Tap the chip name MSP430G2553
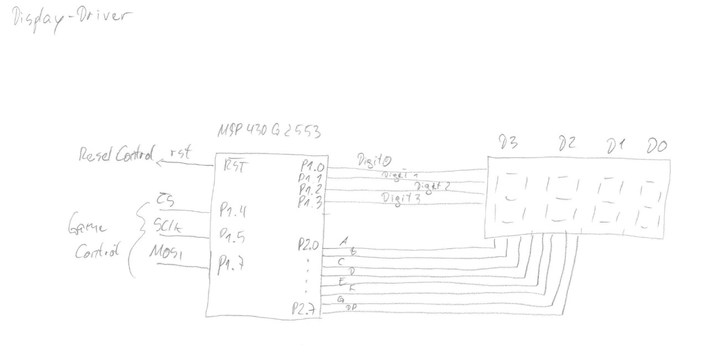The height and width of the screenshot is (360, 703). point(269,132)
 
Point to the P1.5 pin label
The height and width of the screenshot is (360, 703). point(233,237)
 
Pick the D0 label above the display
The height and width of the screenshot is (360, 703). point(657,146)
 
